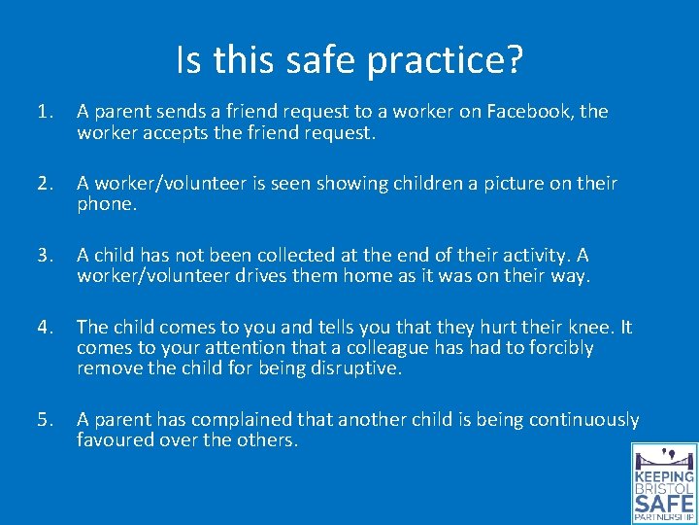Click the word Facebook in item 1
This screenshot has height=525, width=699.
tap(531, 112)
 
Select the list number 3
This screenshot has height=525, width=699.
tap(45, 256)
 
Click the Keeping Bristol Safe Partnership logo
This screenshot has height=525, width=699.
tap(664, 483)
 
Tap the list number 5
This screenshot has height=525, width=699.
tap(45, 420)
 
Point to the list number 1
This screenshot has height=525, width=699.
tap(45, 112)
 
